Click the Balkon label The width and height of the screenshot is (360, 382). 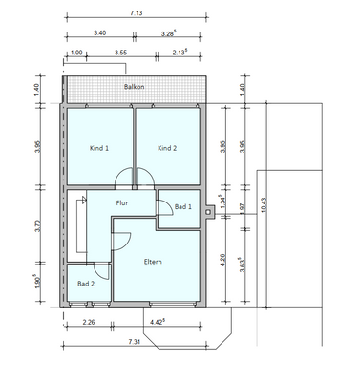(x=134, y=87)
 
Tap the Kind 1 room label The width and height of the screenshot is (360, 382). (x=99, y=148)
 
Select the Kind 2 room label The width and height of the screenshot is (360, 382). (x=167, y=148)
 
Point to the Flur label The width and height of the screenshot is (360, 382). (x=122, y=202)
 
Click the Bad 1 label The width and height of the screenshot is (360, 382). (x=183, y=207)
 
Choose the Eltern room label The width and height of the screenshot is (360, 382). (x=153, y=262)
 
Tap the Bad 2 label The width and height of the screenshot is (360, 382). (x=86, y=284)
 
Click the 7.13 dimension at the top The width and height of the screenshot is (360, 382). (x=136, y=13)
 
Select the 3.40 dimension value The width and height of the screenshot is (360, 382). (x=100, y=32)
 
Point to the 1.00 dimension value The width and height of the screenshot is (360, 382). (x=76, y=53)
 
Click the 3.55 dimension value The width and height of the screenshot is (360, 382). (x=120, y=53)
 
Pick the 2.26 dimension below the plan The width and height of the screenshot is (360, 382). (x=89, y=322)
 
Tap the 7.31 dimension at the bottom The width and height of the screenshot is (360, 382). (x=135, y=342)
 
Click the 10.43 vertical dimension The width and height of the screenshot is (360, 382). (x=264, y=205)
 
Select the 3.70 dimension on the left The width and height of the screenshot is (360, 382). (x=38, y=224)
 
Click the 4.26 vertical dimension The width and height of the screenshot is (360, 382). (x=223, y=260)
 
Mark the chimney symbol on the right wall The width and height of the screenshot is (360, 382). (x=209, y=212)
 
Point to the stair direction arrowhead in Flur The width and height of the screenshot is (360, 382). (x=84, y=200)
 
